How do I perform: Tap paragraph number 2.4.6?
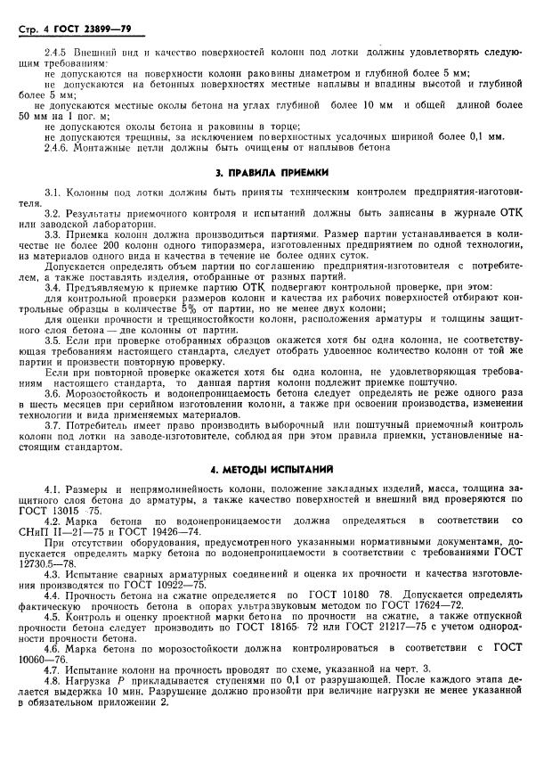[58, 147]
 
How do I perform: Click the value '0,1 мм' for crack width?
[485, 136]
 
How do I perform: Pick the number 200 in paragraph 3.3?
[118, 246]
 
